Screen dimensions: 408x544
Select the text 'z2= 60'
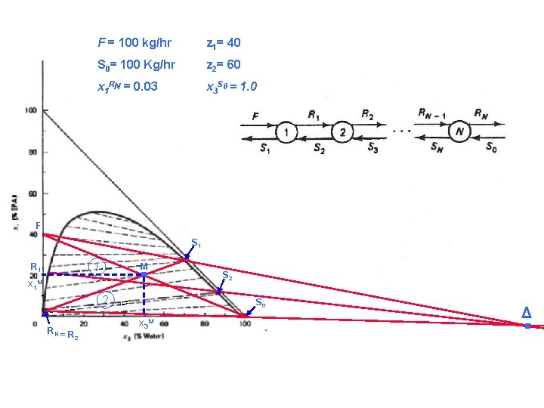tap(224, 65)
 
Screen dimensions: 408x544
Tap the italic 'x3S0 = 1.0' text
tap(231, 87)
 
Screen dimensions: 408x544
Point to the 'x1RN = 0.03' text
tap(128, 87)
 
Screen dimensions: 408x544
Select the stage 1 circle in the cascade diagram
tap(286, 134)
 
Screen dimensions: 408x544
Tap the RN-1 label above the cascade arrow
tap(431, 114)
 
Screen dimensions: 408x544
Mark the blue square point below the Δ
tap(527, 326)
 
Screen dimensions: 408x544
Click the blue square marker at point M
tap(144, 275)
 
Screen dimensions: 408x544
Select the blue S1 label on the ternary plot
tap(196, 243)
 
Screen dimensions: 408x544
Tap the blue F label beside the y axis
tap(37, 225)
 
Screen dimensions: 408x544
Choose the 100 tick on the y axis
tap(32, 111)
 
